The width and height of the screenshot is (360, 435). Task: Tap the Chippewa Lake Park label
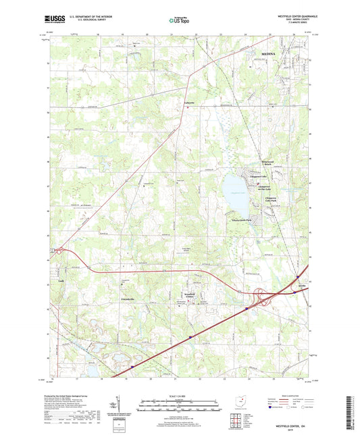click(x=274, y=199)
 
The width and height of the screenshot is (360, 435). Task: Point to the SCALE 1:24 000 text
click(x=179, y=397)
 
